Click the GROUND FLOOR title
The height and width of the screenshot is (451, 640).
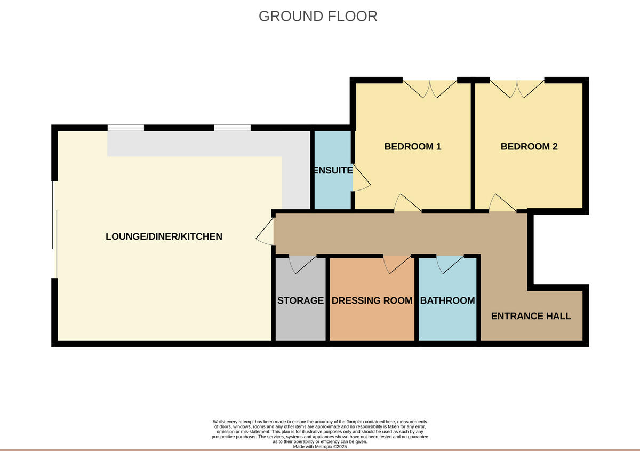click(318, 16)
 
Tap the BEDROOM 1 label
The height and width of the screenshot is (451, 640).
click(412, 146)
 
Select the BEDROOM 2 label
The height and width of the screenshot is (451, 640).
click(529, 146)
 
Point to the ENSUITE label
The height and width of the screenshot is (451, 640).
click(332, 171)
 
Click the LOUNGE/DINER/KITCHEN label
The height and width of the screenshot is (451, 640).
click(164, 236)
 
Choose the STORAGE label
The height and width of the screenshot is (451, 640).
click(300, 300)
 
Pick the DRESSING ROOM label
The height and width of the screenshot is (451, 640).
click(372, 300)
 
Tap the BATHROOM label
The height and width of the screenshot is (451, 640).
click(447, 300)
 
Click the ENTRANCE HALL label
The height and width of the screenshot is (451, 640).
click(531, 316)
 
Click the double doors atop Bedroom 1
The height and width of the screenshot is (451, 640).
click(430, 88)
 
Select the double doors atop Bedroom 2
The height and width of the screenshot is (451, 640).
click(517, 88)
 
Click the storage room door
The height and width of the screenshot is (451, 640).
click(301, 264)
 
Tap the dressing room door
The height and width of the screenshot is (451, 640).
click(398, 264)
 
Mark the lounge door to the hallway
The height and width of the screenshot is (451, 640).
click(265, 235)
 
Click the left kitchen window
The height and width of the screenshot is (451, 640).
click(125, 128)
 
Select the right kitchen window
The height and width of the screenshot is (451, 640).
click(233, 128)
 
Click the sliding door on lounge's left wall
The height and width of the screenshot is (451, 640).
click(53, 230)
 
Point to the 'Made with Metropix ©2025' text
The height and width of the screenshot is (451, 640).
click(320, 447)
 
